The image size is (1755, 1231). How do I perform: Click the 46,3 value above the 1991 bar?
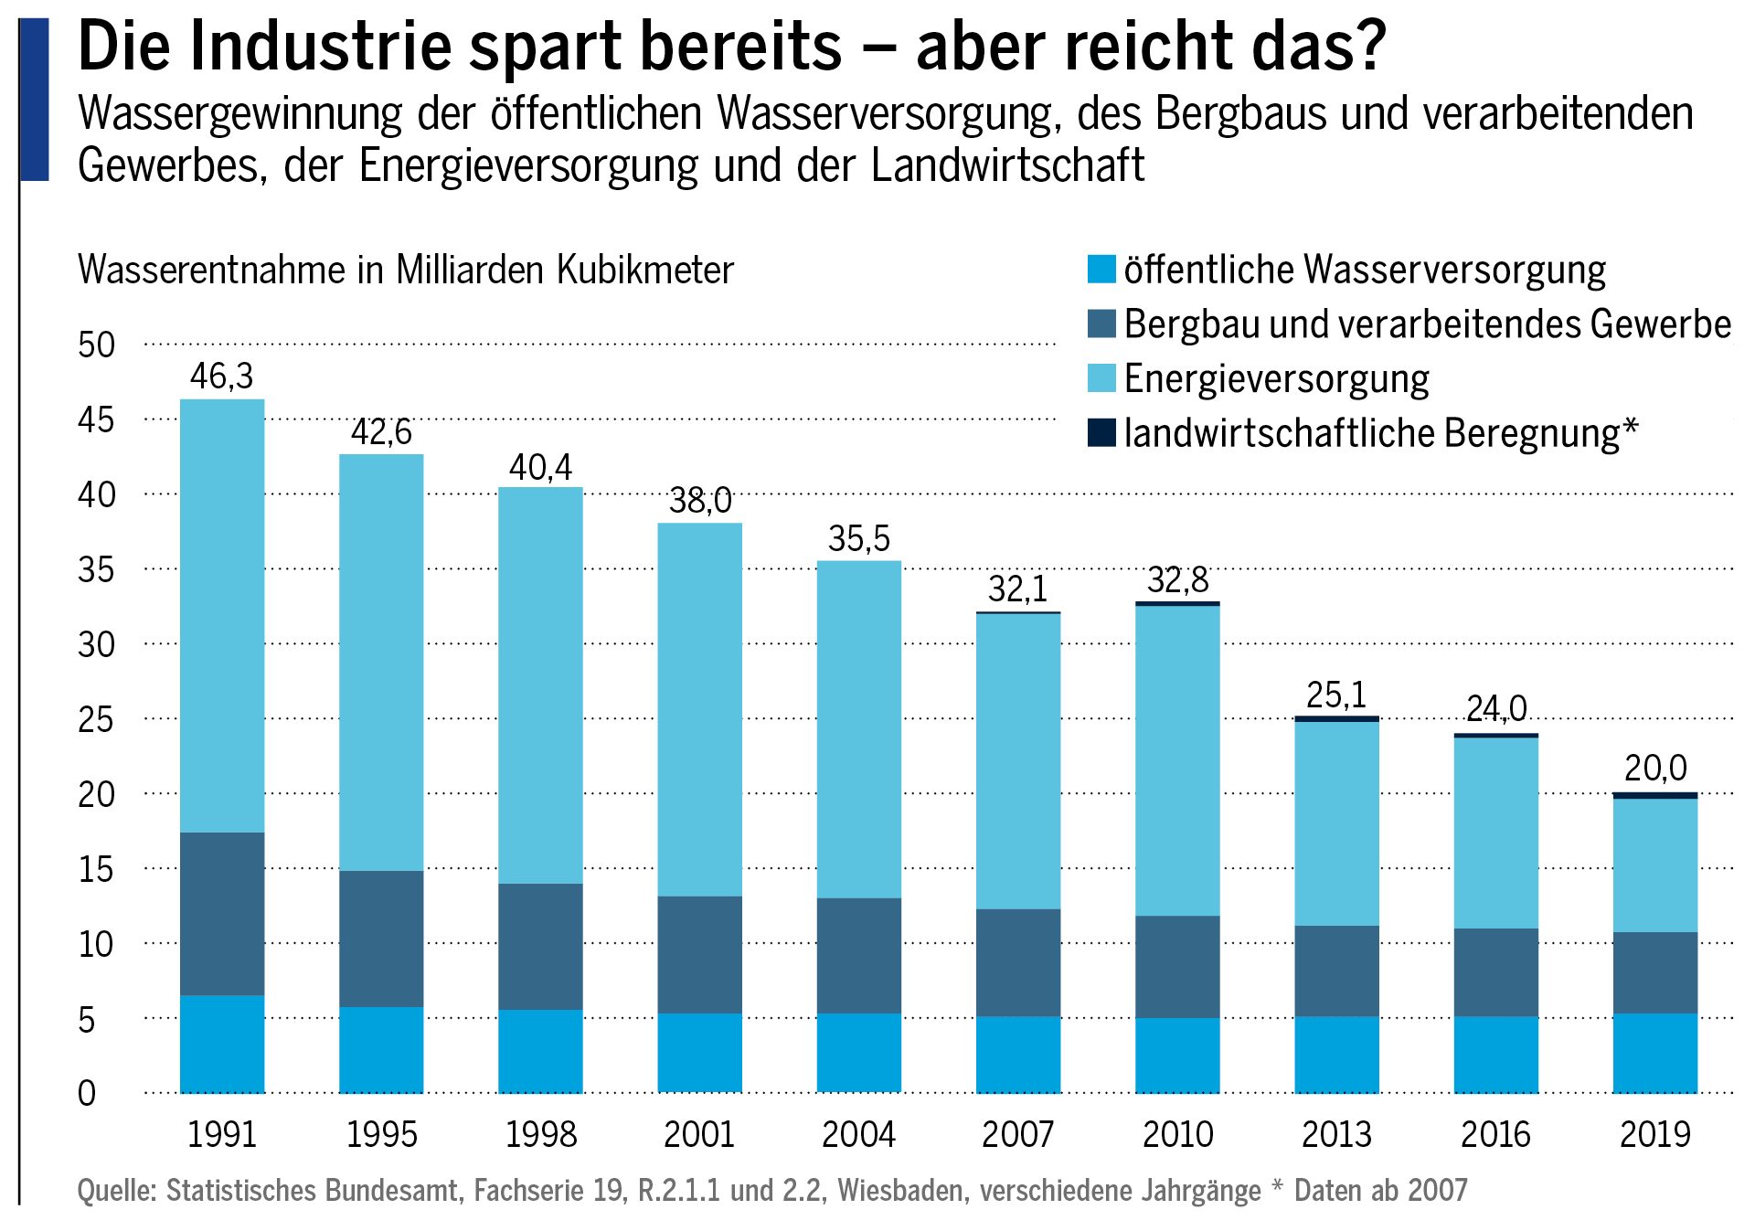click(x=221, y=377)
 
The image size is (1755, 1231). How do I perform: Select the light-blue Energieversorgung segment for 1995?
click(x=381, y=663)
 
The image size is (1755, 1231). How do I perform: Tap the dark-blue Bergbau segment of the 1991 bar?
click(x=222, y=913)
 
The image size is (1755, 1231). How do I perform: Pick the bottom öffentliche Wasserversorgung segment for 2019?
click(x=1654, y=1052)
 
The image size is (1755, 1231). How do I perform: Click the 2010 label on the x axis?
click(x=1177, y=1134)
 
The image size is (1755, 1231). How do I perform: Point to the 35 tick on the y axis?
click(x=96, y=569)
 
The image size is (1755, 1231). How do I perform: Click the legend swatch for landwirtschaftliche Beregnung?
click(x=1101, y=432)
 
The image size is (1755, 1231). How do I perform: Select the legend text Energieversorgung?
click(x=1276, y=378)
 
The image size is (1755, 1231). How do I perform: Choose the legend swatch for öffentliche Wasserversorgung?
click(x=1101, y=270)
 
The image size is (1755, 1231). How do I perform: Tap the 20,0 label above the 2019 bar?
click(x=1654, y=768)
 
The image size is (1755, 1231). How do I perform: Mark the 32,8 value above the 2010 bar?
click(x=1177, y=580)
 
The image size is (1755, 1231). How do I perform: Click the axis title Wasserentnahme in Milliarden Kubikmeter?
click(x=406, y=271)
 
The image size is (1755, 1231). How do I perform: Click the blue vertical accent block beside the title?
click(x=35, y=101)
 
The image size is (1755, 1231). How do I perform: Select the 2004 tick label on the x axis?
click(x=858, y=1134)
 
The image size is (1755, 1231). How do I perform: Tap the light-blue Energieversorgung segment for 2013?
click(x=1336, y=822)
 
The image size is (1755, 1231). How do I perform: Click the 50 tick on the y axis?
click(x=96, y=345)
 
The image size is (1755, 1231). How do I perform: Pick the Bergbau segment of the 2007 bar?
click(x=1018, y=961)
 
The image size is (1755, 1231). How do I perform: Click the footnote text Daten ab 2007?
click(x=1380, y=1190)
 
